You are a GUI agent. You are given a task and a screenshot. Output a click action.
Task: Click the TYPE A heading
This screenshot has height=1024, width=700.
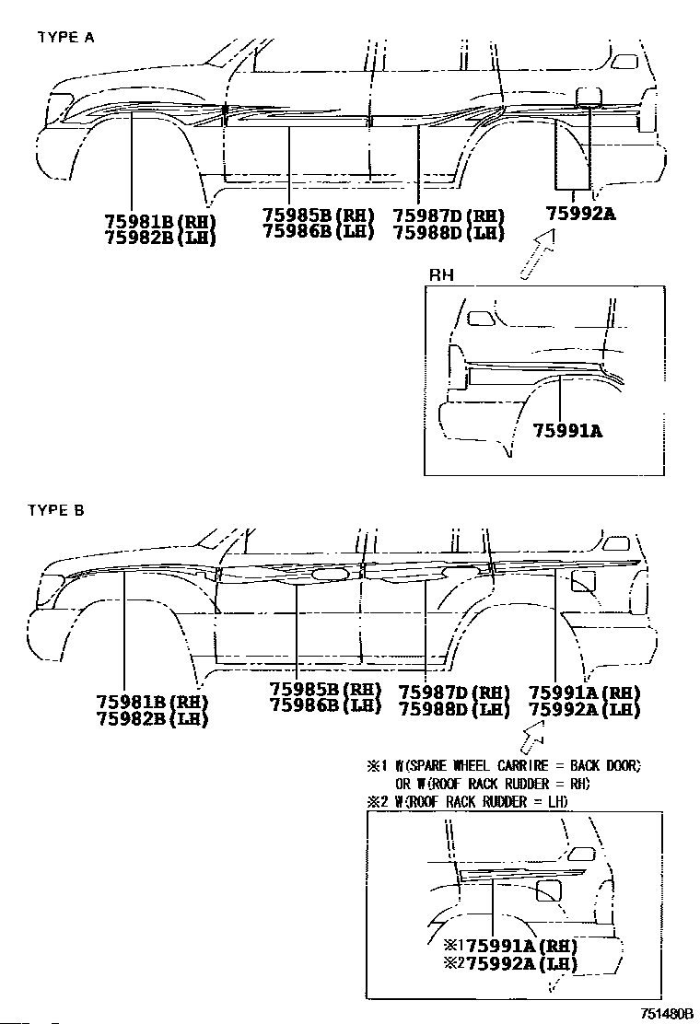[65, 38]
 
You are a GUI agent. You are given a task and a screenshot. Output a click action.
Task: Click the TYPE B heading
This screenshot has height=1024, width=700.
[56, 510]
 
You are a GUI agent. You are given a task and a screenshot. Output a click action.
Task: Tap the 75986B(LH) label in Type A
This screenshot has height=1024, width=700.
[318, 231]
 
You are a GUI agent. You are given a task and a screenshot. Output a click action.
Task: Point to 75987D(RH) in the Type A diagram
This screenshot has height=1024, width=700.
[449, 215]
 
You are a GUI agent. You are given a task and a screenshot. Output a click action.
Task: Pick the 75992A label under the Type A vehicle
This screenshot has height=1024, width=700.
[580, 214]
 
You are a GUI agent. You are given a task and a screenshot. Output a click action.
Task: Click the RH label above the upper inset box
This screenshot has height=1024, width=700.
[441, 275]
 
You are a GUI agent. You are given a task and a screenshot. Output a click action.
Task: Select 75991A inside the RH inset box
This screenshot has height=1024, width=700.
[566, 430]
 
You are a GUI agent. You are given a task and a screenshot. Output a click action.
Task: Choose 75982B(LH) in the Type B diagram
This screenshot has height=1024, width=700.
[153, 719]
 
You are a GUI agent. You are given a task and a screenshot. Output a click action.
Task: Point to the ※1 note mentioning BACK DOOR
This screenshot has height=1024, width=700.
[504, 765]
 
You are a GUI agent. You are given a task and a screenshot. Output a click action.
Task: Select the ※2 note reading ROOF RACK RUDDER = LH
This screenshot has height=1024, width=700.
[468, 802]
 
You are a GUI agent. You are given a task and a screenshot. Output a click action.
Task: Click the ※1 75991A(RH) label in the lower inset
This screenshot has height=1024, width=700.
[508, 946]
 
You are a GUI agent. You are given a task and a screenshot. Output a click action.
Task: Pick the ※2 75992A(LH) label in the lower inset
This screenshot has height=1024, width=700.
[508, 964]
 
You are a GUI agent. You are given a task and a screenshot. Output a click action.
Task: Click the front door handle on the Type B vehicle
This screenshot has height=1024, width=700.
[326, 576]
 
